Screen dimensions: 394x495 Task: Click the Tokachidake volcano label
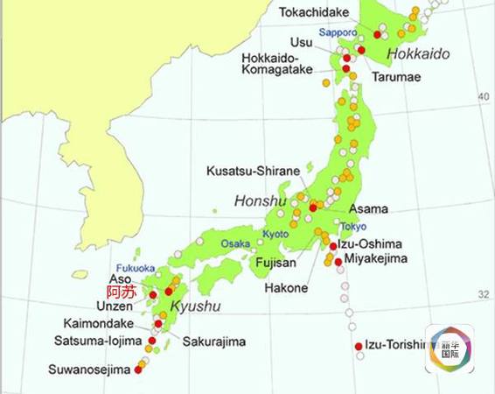click(x=314, y=12)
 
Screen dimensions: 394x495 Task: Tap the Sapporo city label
click(x=337, y=32)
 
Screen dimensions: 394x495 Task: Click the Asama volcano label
click(x=368, y=210)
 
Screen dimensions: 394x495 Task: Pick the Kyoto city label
click(x=274, y=234)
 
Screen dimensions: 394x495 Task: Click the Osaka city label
click(x=235, y=243)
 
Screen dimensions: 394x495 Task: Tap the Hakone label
click(x=286, y=287)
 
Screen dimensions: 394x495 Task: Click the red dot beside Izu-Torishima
click(x=359, y=347)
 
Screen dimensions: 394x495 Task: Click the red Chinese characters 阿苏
click(x=121, y=292)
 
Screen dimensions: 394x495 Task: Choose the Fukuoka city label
click(x=135, y=268)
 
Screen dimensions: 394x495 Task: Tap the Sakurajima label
click(x=214, y=341)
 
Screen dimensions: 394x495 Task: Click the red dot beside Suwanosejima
click(x=138, y=369)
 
